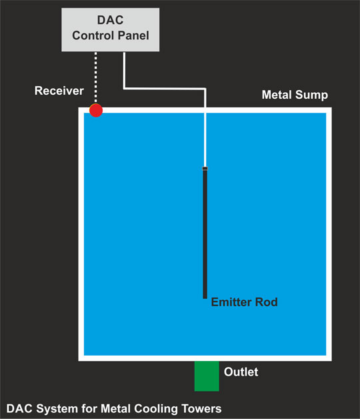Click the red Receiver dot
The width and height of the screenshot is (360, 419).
point(96,110)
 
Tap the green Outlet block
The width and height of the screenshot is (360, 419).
point(207,376)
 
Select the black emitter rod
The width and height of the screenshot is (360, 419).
point(205,232)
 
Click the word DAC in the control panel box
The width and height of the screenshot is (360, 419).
point(110,20)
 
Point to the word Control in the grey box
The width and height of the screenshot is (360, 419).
point(93,35)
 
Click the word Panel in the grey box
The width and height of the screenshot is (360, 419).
point(133,35)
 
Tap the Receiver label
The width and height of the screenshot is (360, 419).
point(59,91)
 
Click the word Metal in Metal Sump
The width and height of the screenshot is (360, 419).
point(277,95)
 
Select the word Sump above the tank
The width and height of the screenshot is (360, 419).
point(311,95)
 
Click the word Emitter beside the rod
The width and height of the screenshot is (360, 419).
point(231,302)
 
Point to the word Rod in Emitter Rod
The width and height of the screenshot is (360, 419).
point(267,302)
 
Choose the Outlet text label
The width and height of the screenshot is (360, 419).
point(241,372)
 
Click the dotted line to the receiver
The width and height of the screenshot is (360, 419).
point(96,78)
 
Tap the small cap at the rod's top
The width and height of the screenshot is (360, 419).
point(205,168)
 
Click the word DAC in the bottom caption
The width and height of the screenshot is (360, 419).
point(19,409)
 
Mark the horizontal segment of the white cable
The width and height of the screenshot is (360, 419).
point(165,89)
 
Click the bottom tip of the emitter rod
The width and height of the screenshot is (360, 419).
point(205,298)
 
